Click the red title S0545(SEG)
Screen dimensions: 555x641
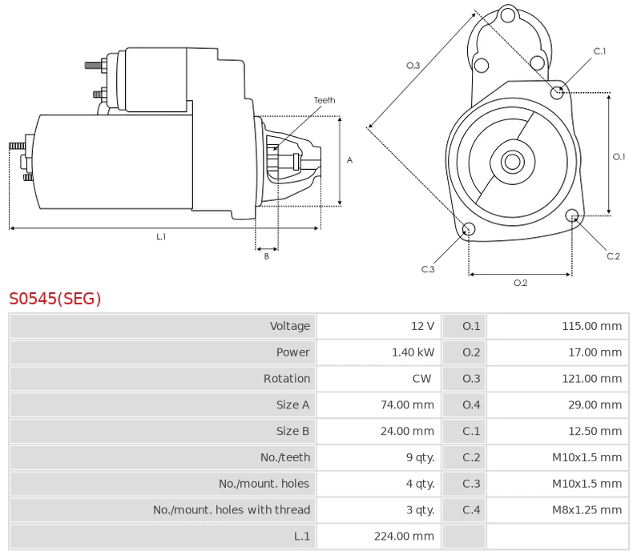pos(55,299)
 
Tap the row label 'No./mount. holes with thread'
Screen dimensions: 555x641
pos(232,510)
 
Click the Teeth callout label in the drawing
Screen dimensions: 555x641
pos(325,100)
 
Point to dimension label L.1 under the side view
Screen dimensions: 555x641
pos(161,236)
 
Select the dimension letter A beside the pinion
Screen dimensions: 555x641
pos(349,160)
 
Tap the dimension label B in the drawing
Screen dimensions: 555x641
pos(266,256)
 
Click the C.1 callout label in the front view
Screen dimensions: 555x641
pos(599,51)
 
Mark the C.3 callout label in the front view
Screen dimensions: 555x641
pos(428,269)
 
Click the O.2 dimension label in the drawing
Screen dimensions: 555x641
pos(520,282)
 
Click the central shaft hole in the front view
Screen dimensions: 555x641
pos(511,162)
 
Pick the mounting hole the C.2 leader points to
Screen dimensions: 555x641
pos(572,215)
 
